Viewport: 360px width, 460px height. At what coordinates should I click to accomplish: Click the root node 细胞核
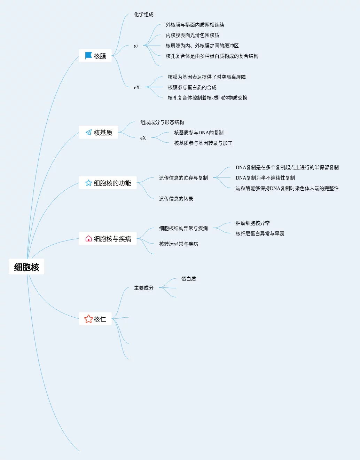tap(26, 267)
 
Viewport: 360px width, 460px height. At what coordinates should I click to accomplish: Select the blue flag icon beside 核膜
tap(88, 56)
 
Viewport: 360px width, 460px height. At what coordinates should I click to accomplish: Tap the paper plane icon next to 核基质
tap(88, 132)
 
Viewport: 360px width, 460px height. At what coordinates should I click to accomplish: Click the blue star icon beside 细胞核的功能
tap(88, 183)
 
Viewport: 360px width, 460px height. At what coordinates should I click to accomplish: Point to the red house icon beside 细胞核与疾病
tap(88, 238)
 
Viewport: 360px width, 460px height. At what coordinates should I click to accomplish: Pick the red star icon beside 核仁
tap(88, 319)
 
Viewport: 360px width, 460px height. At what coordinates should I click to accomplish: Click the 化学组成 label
tap(143, 14)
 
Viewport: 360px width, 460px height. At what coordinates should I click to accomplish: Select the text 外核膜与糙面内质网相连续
tap(195, 25)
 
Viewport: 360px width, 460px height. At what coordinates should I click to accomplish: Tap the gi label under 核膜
tap(136, 46)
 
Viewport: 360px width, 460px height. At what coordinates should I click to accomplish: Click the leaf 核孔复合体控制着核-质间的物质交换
tap(207, 98)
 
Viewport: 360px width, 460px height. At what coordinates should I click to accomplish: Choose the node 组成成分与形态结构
tap(162, 122)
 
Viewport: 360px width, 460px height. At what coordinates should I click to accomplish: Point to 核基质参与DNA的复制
tap(198, 133)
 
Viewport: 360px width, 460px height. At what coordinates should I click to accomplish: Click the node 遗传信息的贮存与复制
tap(183, 178)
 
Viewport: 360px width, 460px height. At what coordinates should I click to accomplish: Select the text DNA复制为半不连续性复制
tap(265, 178)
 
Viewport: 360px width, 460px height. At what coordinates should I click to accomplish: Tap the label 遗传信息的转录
tap(176, 199)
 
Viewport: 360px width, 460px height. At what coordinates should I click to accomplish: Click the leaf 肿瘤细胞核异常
tap(252, 223)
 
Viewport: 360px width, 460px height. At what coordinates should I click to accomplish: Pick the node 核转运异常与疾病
tap(178, 244)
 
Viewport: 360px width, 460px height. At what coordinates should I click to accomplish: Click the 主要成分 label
tap(143, 288)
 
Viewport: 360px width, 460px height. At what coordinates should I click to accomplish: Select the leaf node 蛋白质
tap(188, 279)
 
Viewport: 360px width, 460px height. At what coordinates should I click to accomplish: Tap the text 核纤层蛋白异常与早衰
tap(260, 233)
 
